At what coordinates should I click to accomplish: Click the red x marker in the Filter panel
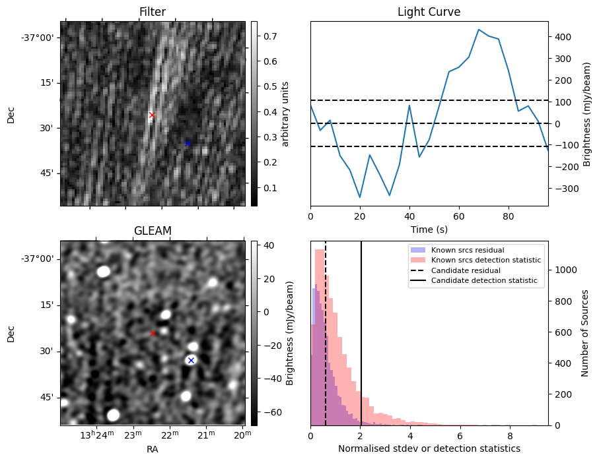tap(152, 115)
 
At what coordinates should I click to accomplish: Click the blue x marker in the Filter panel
tap(188, 143)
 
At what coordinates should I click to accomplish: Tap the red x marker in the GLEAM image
tap(153, 334)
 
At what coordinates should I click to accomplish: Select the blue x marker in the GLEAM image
tap(191, 360)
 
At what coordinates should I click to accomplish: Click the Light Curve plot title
tap(429, 12)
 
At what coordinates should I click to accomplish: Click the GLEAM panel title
tap(153, 231)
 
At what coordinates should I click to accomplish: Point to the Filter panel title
tap(153, 12)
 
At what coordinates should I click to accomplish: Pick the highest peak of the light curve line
tap(479, 30)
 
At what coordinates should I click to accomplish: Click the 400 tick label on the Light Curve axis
tap(561, 37)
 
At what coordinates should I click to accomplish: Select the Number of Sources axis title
tap(585, 333)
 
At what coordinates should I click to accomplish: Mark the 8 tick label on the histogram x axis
tap(509, 435)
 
